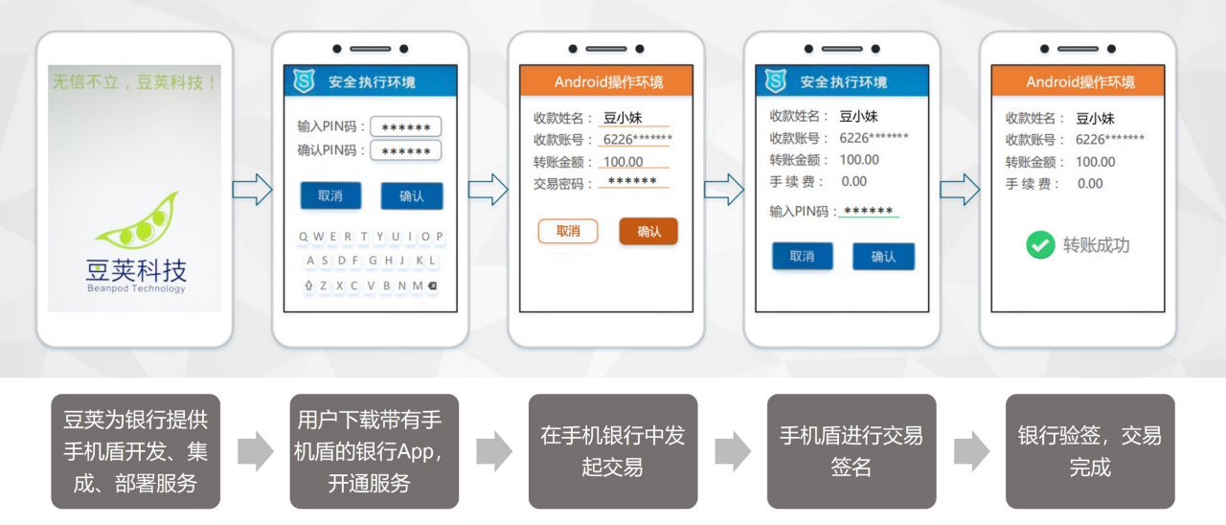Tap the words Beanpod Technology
(x=135, y=288)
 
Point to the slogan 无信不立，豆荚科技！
(x=135, y=82)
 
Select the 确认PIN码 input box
(x=405, y=151)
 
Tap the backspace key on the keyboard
(x=432, y=285)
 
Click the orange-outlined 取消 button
(x=568, y=231)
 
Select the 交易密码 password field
(x=632, y=182)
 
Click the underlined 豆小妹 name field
(x=632, y=119)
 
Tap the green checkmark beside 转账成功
(x=1040, y=245)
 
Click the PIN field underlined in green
(x=868, y=212)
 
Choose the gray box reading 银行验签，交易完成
(x=1090, y=451)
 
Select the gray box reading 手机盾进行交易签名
(x=851, y=451)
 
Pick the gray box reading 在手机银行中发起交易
(x=613, y=451)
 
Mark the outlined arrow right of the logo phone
(x=252, y=190)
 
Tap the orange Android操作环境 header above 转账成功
(x=1078, y=81)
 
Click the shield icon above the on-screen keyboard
(x=303, y=81)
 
